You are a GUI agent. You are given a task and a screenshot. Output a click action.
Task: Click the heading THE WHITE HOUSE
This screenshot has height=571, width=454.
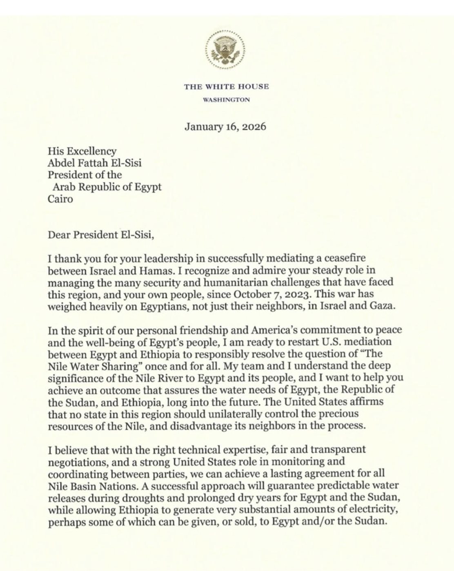[226, 86]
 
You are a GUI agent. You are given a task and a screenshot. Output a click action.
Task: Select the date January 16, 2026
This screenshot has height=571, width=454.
[225, 126]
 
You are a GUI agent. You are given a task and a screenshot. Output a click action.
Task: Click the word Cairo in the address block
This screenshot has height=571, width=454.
[60, 200]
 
